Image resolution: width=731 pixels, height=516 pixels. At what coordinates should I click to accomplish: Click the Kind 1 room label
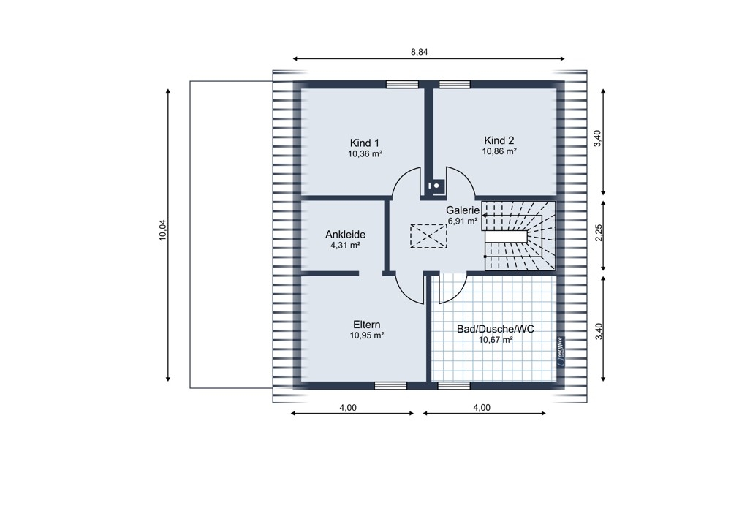(365, 143)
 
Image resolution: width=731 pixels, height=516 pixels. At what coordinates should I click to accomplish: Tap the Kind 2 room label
(499, 141)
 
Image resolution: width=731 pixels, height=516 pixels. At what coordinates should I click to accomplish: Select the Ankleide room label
(345, 235)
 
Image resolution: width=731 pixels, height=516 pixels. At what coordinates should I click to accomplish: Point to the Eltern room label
(366, 325)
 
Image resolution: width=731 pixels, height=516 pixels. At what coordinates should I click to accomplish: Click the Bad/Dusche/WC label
(495, 329)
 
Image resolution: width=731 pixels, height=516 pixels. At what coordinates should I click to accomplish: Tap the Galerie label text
(463, 210)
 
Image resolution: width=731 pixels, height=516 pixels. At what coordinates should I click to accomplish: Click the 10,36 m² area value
(365, 153)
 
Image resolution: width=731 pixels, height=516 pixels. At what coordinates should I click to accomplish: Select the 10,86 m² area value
(499, 151)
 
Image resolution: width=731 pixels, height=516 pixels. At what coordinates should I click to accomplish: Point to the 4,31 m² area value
(346, 245)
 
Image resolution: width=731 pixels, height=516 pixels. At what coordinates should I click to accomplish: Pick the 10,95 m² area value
(367, 335)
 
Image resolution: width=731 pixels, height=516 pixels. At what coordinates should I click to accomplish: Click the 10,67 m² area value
(496, 340)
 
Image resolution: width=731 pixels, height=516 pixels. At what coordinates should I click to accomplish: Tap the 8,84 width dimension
(419, 52)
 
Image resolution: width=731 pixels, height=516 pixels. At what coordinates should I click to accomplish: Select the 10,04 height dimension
(163, 230)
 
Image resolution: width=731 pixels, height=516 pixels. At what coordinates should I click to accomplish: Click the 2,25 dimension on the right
(599, 233)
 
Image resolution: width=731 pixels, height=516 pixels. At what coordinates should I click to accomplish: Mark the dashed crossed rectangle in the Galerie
(428, 236)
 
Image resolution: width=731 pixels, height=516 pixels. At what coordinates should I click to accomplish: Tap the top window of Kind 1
(402, 84)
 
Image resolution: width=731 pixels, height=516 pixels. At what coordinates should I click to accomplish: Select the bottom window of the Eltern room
(390, 385)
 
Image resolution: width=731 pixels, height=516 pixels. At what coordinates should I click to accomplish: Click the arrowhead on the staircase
(485, 216)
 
